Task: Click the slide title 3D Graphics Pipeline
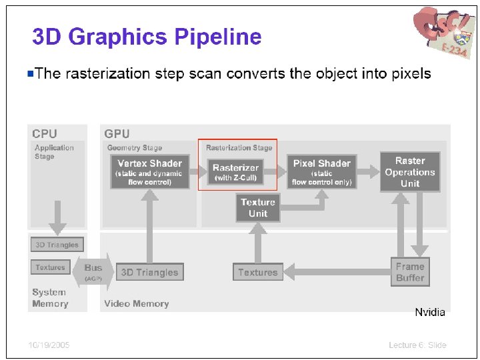coord(147,37)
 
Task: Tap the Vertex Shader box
coord(150,171)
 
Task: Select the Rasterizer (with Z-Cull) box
coord(236,172)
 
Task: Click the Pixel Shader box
coord(321,171)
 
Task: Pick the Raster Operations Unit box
coord(410,172)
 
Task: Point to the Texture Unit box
coord(258,208)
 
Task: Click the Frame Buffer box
coord(409,272)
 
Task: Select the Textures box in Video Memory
coord(258,272)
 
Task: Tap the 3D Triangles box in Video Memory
coord(149,272)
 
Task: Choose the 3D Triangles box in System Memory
coord(57,245)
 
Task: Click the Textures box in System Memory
coord(51,267)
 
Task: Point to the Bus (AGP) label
coord(93,271)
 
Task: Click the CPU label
coord(45,134)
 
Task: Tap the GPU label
coord(117,134)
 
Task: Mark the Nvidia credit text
coord(430,312)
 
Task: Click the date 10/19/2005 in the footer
coord(49,345)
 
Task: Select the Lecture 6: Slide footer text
coord(417,345)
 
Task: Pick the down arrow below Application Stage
coord(57,217)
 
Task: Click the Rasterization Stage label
coord(239,147)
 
